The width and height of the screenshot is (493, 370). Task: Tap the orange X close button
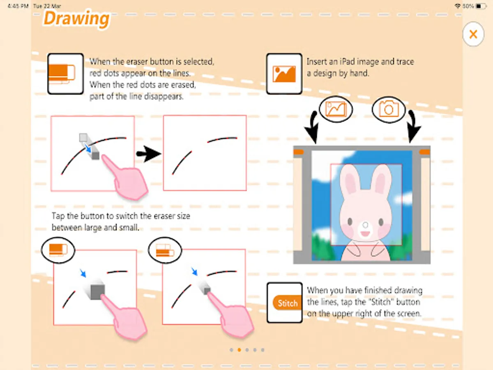pos(473,34)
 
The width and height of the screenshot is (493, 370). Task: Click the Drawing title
pos(76,19)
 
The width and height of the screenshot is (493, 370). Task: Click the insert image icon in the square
pos(284,74)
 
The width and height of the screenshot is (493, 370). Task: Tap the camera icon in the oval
pos(389,110)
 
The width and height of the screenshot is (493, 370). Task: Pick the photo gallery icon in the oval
pos(336,109)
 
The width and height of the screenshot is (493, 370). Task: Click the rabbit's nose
pos(365,225)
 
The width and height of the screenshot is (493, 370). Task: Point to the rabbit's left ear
pos(349,180)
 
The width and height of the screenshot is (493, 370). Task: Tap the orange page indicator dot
pos(240,350)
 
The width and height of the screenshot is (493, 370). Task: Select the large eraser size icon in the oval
pos(58,250)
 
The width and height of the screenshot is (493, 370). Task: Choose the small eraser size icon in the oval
pos(165,250)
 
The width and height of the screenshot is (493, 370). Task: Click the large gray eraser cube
pos(97,291)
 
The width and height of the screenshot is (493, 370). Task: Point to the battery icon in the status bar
pos(481,6)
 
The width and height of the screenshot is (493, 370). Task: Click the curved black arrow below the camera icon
pos(413,126)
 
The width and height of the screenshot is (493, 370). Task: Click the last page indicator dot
pos(263,350)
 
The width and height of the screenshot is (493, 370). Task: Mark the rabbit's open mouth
pos(365,234)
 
